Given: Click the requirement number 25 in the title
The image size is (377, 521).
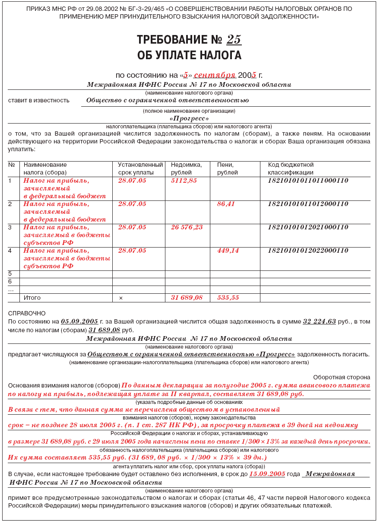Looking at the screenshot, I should [234, 40].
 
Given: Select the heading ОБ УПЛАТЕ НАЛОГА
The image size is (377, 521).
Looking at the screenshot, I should [189, 55].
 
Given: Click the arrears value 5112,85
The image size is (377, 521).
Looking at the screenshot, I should [184, 181].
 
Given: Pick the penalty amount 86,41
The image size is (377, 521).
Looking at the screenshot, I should [226, 204].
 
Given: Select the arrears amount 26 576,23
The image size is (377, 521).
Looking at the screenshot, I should [187, 227].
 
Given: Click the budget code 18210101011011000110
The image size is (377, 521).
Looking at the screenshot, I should [308, 181].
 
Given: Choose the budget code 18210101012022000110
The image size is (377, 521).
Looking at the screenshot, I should [308, 251].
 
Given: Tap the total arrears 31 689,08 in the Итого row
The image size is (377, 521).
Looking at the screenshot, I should [187, 298].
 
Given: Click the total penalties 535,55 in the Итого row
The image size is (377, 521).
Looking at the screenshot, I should [228, 298].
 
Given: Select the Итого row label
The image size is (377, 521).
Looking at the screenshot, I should [32, 298].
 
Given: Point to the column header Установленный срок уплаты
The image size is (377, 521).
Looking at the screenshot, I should [140, 168].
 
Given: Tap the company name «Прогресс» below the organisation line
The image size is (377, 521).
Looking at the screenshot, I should [189, 118].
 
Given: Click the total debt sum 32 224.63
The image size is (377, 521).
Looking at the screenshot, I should [319, 321].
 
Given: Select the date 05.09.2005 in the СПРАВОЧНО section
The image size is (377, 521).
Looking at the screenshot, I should [79, 321].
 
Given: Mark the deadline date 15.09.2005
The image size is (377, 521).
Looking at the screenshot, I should [267, 474].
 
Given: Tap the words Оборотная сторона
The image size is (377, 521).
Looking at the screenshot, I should [342, 377].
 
